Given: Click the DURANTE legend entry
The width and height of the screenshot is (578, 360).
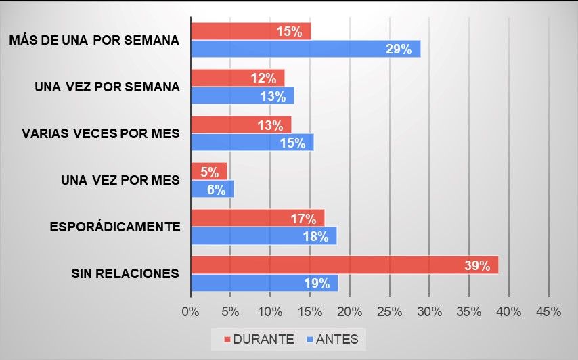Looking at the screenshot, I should click(258, 339).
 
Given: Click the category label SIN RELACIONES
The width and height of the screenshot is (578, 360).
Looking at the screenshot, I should click(125, 273).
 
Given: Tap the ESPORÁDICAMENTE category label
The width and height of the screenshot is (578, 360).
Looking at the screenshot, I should click(115, 227).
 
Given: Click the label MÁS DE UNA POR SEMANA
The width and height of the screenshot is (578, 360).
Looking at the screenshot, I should click(94, 40).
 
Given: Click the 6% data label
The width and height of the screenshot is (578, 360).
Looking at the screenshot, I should click(216, 189).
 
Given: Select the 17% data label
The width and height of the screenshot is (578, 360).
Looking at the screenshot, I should click(303, 219).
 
